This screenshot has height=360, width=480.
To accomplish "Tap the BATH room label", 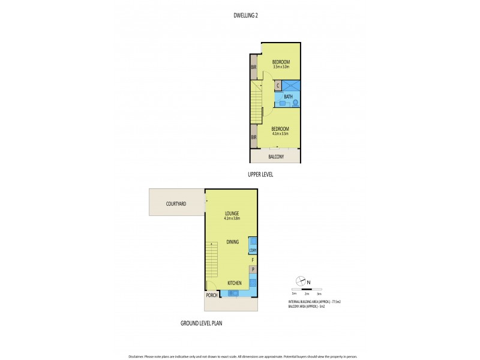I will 288,97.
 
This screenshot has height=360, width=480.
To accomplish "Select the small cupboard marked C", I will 278,86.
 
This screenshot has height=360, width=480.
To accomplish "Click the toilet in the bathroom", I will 295,103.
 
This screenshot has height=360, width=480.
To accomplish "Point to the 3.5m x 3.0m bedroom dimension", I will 281,67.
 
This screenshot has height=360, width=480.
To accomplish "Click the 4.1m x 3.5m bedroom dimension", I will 280,134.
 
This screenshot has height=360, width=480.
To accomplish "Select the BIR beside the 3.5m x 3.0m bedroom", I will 254,67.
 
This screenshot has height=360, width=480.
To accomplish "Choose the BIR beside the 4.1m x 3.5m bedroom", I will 254,137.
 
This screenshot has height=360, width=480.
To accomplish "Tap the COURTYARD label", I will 176,204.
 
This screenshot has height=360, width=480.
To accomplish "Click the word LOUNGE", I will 232,213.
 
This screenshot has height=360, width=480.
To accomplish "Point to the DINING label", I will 233,242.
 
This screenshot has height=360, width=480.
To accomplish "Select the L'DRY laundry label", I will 253,250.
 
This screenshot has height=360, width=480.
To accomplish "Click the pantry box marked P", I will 253,269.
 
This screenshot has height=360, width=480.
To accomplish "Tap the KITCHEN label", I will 235,283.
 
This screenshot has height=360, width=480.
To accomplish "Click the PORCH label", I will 211,295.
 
